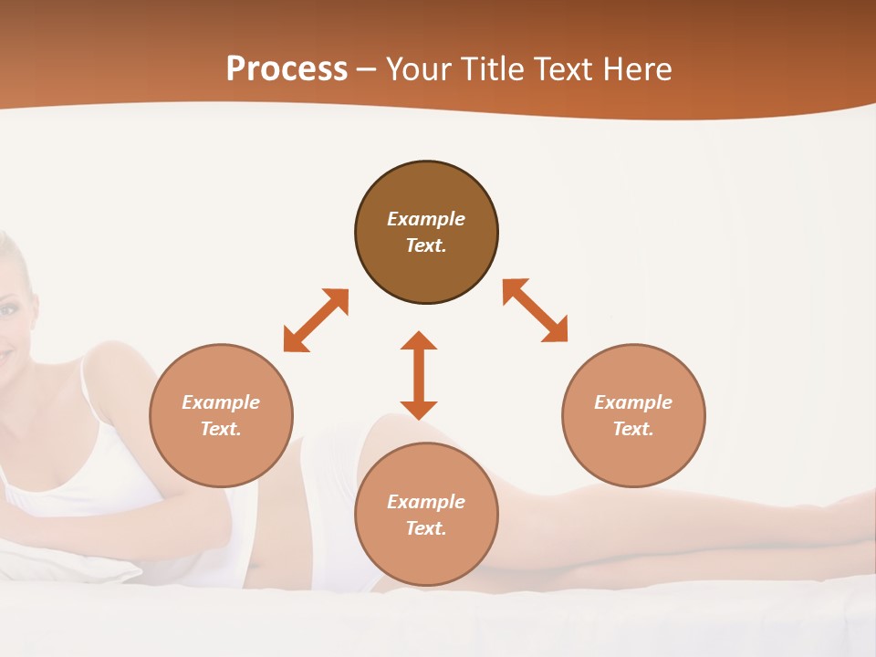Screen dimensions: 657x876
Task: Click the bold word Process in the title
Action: (287, 69)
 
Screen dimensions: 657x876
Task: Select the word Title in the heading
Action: (496, 69)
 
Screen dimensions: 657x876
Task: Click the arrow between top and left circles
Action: (316, 320)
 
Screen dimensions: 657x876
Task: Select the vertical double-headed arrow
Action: (419, 375)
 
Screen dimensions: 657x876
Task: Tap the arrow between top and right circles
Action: (535, 310)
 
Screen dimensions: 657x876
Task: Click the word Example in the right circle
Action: (633, 402)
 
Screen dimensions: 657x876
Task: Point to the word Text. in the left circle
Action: (221, 429)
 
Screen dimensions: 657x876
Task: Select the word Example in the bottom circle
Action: (426, 502)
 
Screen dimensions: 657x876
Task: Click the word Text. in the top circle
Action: (426, 245)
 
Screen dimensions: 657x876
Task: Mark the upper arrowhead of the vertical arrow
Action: (419, 340)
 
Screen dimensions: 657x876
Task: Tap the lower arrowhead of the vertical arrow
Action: (419, 410)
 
